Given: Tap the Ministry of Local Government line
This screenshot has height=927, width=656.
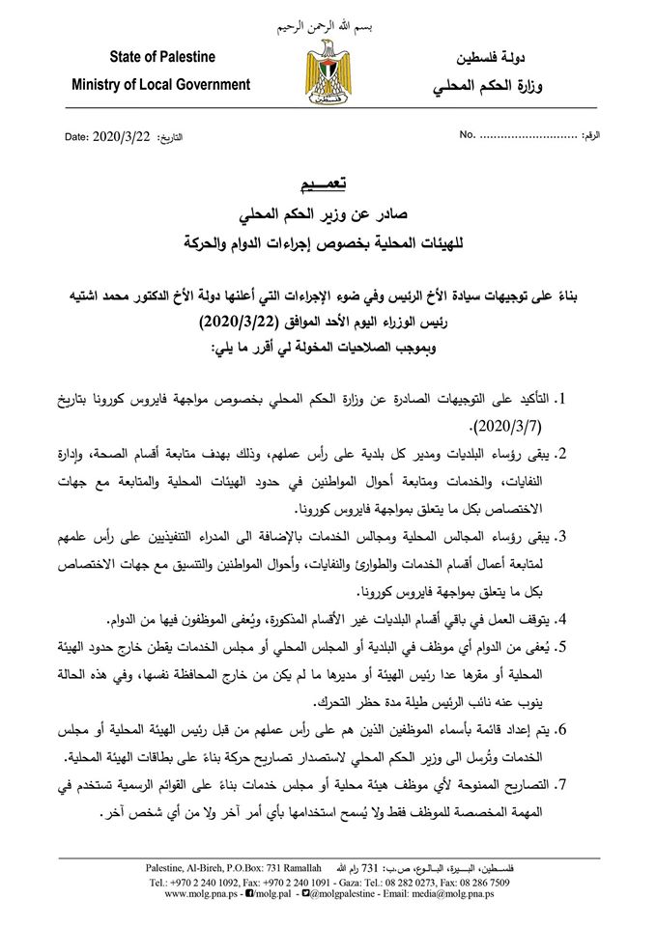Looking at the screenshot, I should [x=160, y=85].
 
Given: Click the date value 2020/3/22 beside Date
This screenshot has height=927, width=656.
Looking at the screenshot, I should [x=122, y=136].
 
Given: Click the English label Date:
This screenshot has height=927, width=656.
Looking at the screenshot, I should [x=76, y=137].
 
